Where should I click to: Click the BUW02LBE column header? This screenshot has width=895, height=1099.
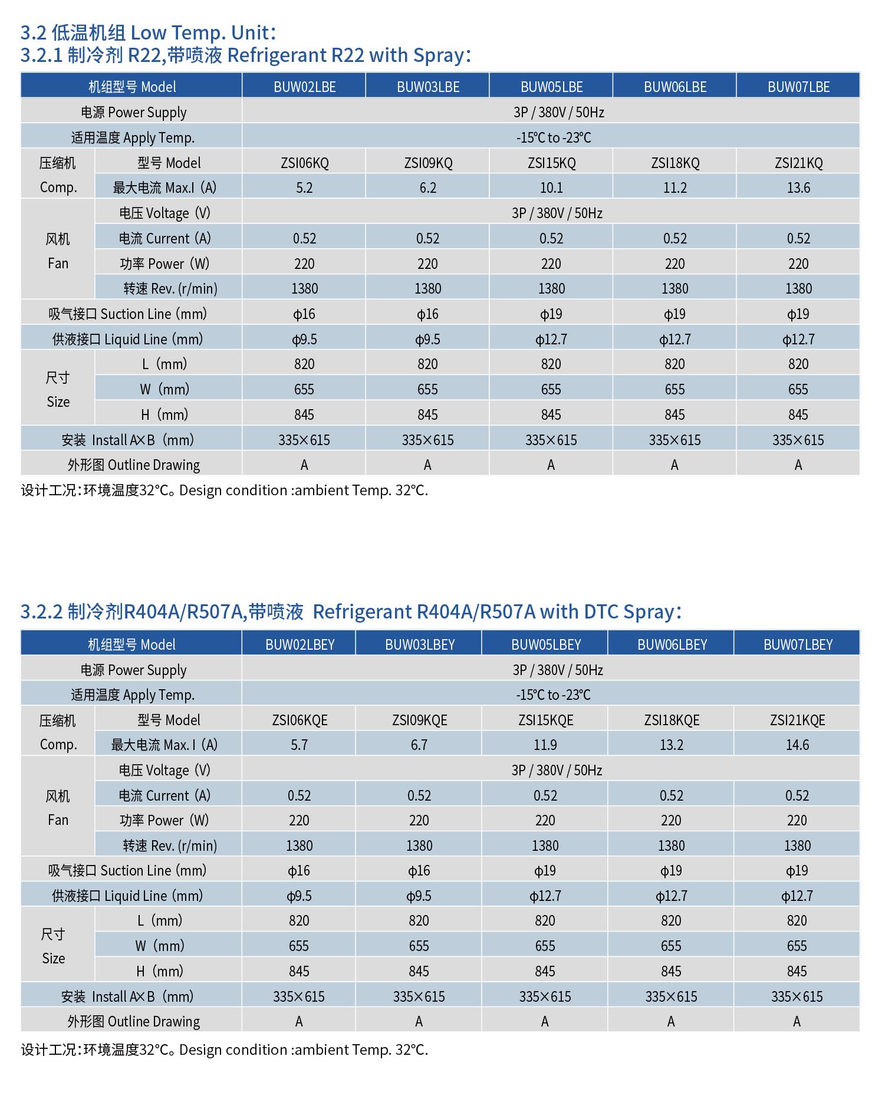(x=304, y=87)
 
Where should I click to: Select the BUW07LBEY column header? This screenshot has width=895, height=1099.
(x=798, y=644)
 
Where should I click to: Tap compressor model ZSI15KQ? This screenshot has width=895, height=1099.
(x=551, y=163)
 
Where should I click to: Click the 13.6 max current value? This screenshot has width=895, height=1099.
(x=798, y=187)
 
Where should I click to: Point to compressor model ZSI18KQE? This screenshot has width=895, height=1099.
(x=672, y=720)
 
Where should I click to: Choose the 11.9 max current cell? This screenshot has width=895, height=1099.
(x=545, y=745)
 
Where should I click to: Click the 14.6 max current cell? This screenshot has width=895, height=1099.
(x=797, y=745)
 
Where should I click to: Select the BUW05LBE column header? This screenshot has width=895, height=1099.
(x=551, y=87)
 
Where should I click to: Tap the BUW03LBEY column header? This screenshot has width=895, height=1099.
(x=420, y=644)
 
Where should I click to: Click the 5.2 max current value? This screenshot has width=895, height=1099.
(x=304, y=187)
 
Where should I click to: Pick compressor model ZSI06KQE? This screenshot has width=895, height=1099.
(x=300, y=720)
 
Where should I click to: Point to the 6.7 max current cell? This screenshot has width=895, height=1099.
(x=419, y=745)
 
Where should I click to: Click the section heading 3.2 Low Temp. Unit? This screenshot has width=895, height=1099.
(x=148, y=32)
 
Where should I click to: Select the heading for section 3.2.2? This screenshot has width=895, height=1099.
(x=351, y=611)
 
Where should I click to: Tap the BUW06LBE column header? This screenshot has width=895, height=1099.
(x=675, y=87)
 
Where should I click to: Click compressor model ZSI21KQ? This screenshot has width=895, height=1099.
(x=798, y=163)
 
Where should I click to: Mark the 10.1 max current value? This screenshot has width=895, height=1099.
(x=551, y=187)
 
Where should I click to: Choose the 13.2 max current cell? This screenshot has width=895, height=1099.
(x=672, y=745)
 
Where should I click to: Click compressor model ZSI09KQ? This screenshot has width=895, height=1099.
(x=428, y=163)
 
